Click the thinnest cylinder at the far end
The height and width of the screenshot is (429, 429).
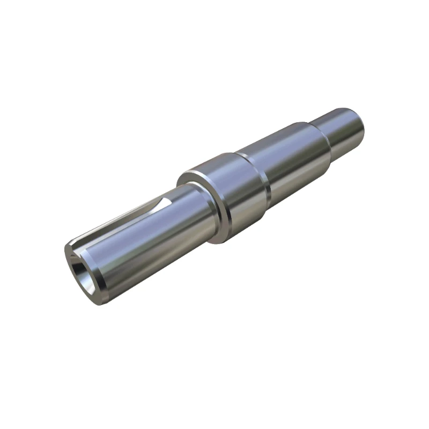coord(343,131)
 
